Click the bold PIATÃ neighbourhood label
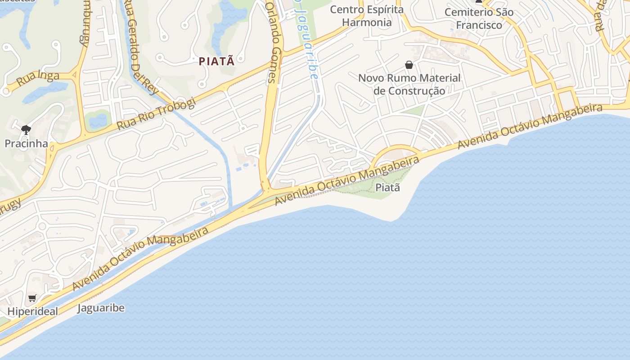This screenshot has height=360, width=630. (x=217, y=61)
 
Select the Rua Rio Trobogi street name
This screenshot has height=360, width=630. (x=156, y=114)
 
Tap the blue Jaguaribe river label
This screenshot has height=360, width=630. (x=306, y=40)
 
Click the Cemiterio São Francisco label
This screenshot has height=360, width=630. (x=479, y=18)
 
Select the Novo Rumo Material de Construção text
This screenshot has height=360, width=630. (x=409, y=84)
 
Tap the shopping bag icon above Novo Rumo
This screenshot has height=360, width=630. (x=409, y=65)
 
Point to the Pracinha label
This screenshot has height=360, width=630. (x=26, y=144)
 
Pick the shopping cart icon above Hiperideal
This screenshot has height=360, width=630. (x=32, y=298)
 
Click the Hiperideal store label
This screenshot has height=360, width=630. (x=33, y=311)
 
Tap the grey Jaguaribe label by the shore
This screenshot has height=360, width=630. (x=101, y=308)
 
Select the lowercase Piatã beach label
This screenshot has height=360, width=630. (x=387, y=187)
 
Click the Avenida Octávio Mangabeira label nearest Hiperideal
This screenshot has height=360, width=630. (x=140, y=258)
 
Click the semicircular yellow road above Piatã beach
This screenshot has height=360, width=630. (x=396, y=149)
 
